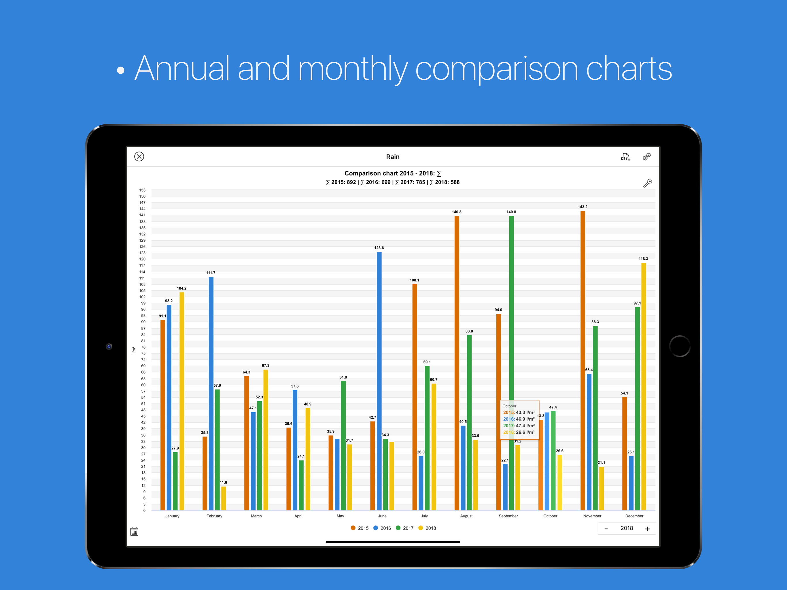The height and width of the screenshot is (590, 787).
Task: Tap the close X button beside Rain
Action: (139, 156)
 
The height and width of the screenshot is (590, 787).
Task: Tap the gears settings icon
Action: (646, 156)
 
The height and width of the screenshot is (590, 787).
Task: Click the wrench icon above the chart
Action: (647, 183)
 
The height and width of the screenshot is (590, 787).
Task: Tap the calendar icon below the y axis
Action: (134, 532)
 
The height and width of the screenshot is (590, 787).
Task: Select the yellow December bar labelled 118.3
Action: (643, 386)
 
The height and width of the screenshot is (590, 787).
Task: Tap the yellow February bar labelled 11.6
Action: (224, 498)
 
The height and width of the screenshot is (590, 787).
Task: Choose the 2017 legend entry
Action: (404, 528)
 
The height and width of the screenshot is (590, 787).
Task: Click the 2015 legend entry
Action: (360, 528)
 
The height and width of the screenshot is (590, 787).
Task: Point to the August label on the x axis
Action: (466, 516)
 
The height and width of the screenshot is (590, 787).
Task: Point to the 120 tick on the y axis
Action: (142, 259)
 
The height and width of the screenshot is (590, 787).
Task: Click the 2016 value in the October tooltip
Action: (519, 419)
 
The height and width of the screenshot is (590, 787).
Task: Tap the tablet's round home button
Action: (680, 346)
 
